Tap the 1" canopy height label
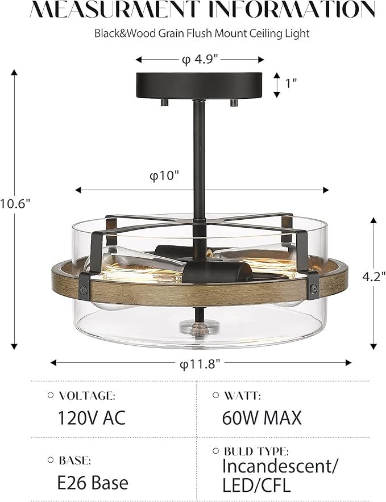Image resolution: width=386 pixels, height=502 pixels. [291, 83]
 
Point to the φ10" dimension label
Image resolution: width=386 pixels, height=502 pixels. [164, 175]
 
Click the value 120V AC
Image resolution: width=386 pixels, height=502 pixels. [91, 418]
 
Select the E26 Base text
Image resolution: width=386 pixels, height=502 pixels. [93, 482]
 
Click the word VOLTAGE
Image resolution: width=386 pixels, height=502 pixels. [86, 395]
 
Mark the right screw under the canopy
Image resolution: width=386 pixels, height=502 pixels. [234, 102]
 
